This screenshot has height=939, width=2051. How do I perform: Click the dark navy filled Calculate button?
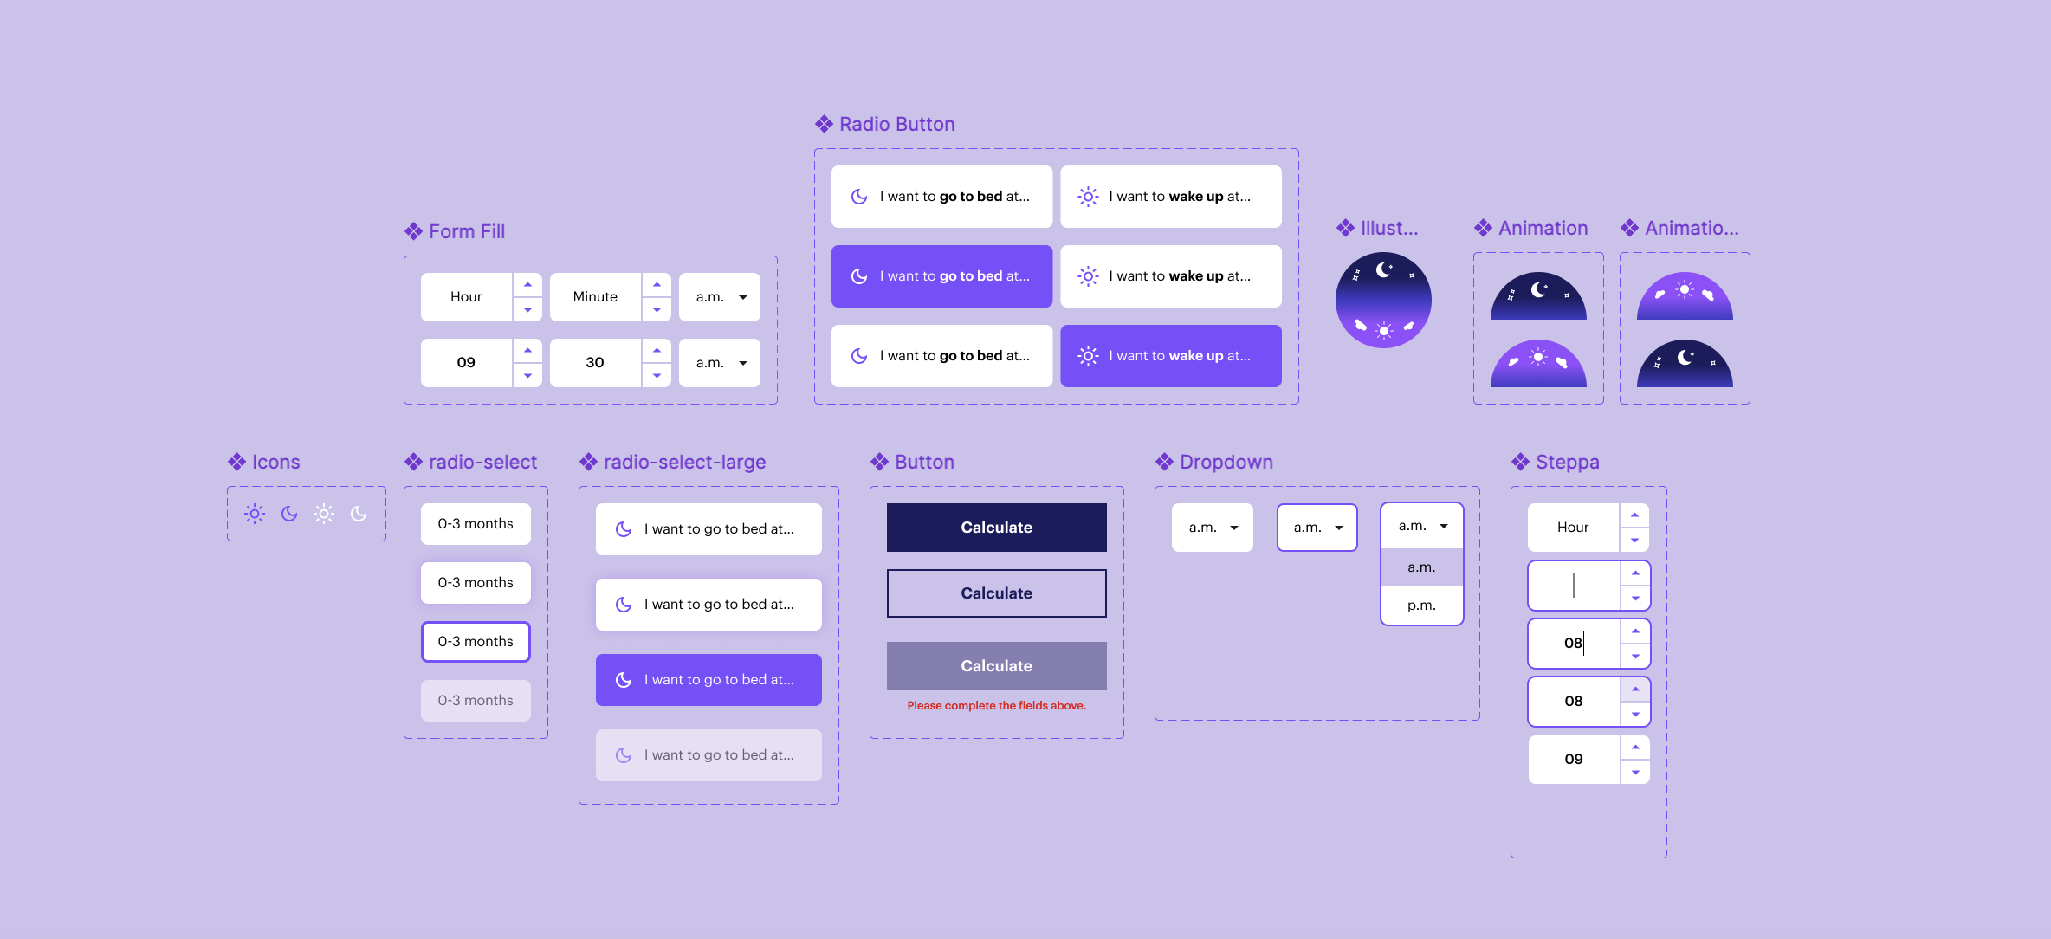tap(996, 527)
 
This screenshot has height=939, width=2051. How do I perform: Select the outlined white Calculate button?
tap(996, 593)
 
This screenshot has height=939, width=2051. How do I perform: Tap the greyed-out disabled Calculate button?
tap(996, 665)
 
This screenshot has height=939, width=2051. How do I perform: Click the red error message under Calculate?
tap(996, 706)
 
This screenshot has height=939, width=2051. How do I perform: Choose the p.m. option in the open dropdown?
tap(1421, 605)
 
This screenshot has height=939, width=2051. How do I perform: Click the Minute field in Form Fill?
tap(595, 296)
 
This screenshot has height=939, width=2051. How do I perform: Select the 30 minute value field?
tap(595, 362)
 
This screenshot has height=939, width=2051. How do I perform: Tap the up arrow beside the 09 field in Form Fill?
tap(527, 350)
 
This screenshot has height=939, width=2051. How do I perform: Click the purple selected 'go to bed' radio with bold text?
tap(941, 276)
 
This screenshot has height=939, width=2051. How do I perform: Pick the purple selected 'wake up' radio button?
tap(1170, 356)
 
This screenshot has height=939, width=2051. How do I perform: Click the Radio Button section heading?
tap(896, 124)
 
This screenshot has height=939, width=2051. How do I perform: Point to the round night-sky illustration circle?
tap(1383, 300)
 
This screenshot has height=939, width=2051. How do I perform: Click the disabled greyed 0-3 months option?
tap(476, 700)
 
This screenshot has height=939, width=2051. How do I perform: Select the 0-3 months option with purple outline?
tap(476, 642)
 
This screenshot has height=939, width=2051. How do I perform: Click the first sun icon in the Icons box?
tap(255, 514)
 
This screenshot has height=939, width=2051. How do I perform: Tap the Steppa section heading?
tap(1567, 462)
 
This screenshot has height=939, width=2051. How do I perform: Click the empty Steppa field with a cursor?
tap(1574, 586)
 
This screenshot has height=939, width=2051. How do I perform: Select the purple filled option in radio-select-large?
tap(708, 680)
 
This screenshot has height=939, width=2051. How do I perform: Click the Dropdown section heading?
tap(1226, 462)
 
